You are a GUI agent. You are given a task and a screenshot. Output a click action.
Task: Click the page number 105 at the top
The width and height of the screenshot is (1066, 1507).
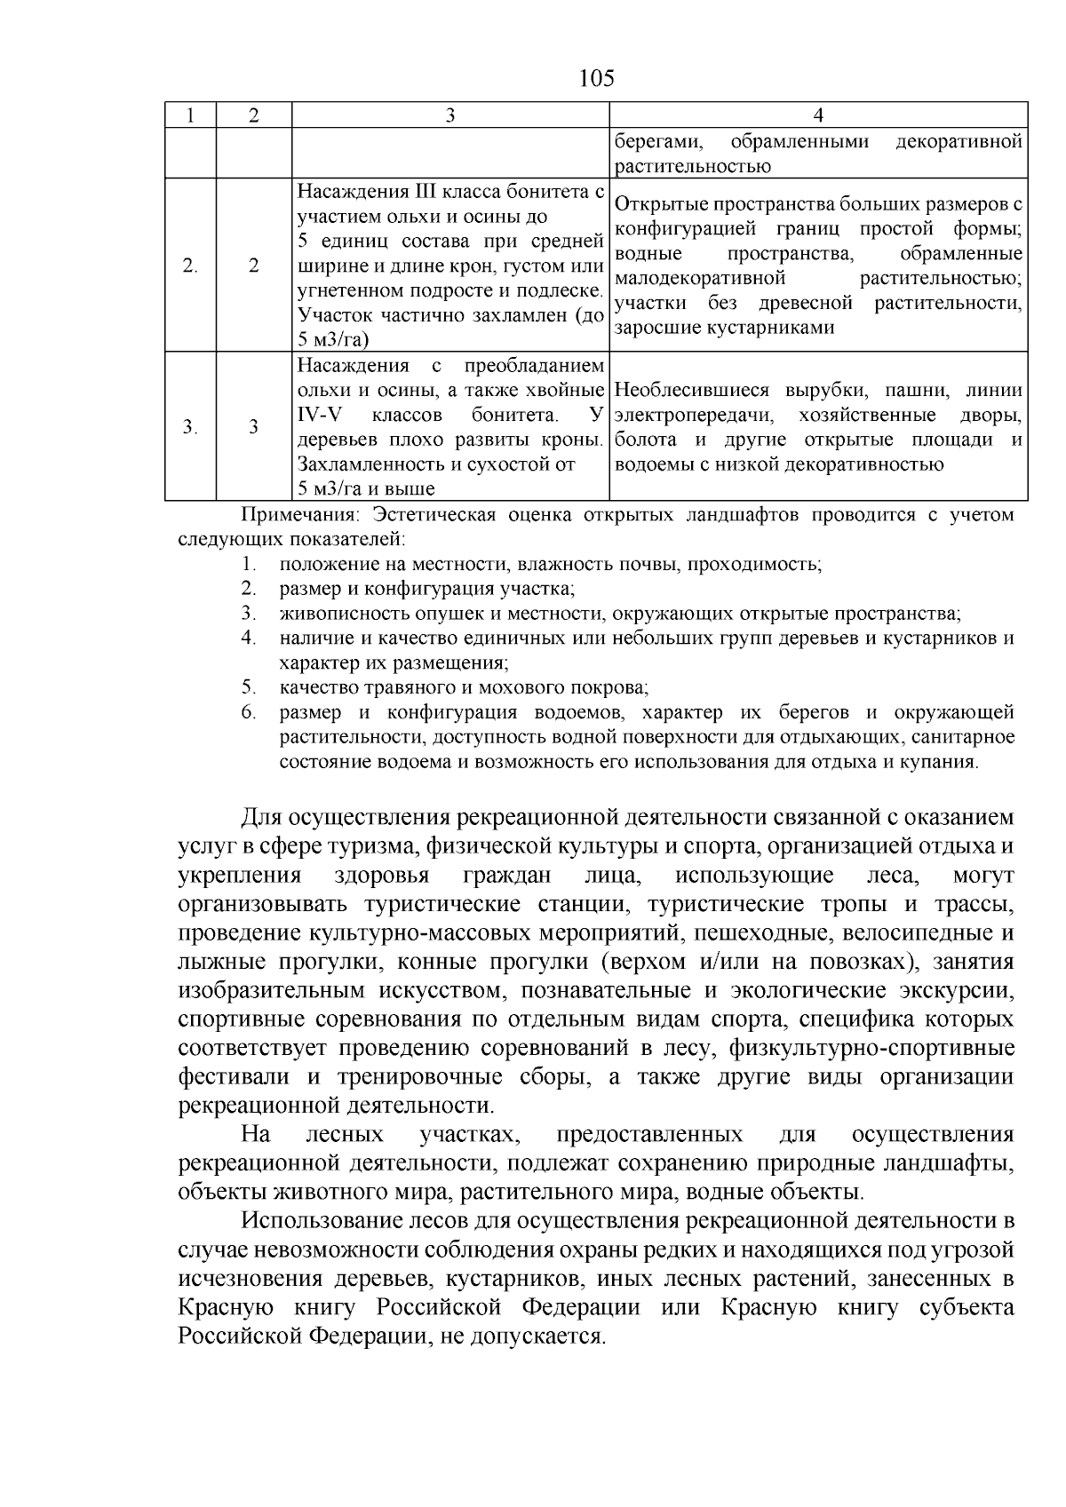pyautogui.click(x=596, y=79)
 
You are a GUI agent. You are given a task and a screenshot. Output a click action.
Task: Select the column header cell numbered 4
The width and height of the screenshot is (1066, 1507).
pyautogui.click(x=818, y=115)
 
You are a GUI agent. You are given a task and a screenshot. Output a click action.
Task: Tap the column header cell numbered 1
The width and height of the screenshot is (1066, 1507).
pyautogui.click(x=191, y=115)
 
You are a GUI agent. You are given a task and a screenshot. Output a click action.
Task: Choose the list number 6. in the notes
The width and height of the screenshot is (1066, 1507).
pyautogui.click(x=249, y=712)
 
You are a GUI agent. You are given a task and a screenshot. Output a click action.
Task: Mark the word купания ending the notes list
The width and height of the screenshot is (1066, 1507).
pyautogui.click(x=943, y=762)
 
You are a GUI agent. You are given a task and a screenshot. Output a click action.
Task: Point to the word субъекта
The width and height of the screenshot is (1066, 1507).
pyautogui.click(x=967, y=1308)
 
